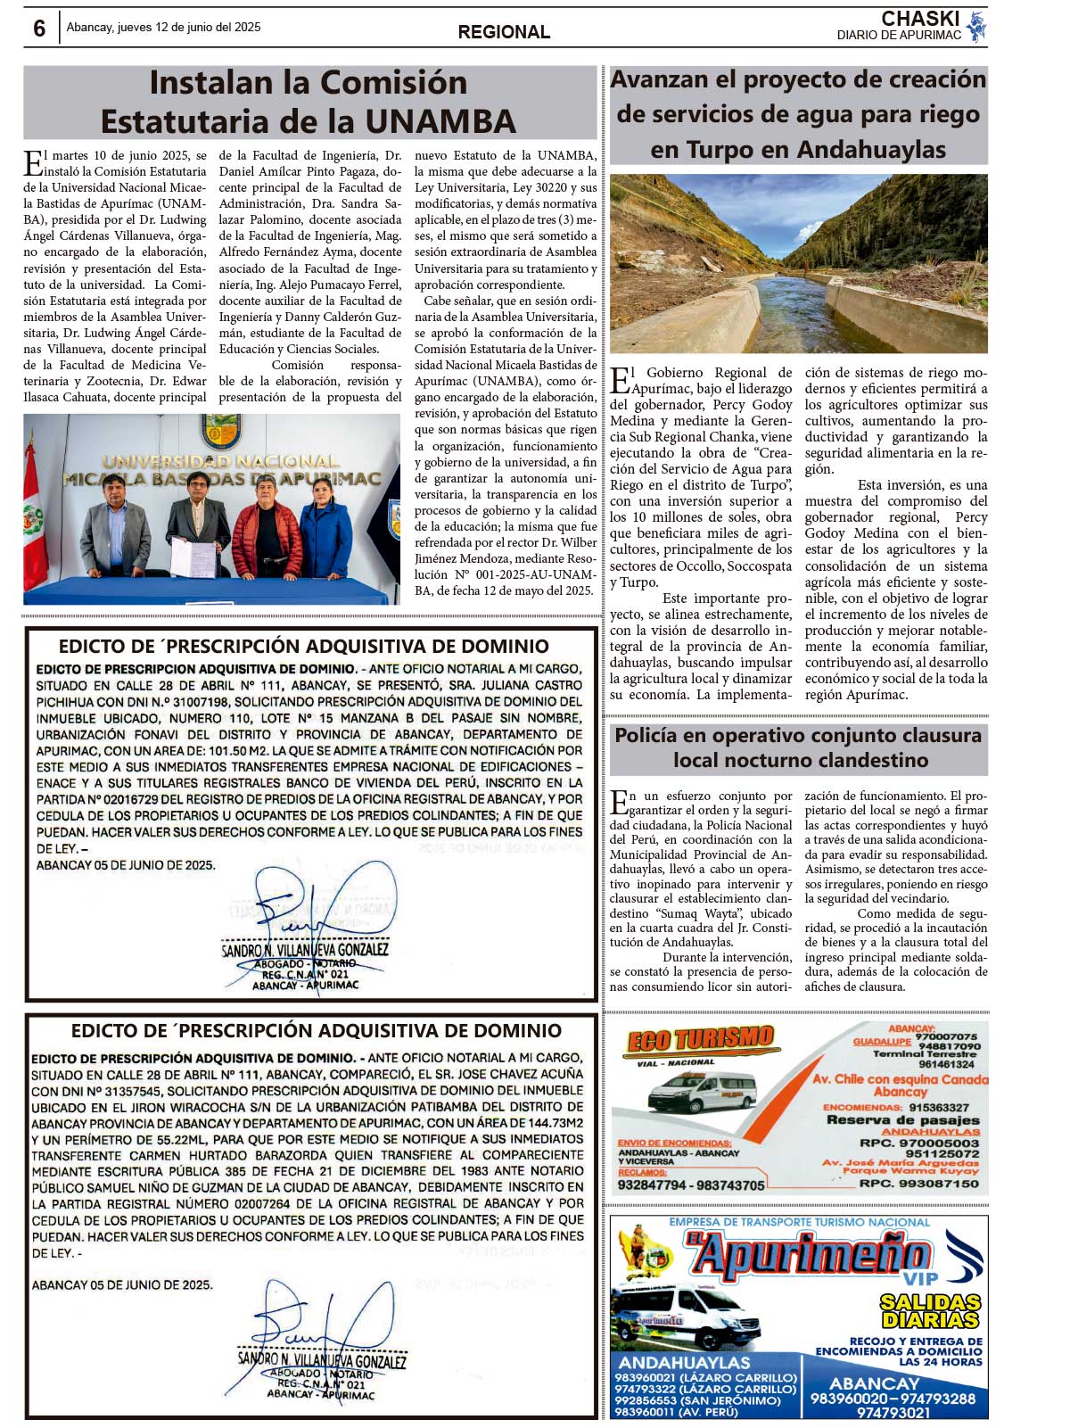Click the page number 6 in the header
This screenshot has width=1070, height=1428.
39,29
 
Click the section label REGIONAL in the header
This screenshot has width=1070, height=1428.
504,32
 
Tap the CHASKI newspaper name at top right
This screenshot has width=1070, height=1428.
920,19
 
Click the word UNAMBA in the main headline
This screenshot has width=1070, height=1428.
443,121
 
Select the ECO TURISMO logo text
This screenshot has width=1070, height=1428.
700,1040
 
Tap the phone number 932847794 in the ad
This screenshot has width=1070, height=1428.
653,1185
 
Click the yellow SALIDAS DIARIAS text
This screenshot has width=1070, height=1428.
930,1311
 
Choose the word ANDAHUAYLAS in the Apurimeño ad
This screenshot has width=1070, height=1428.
684,1363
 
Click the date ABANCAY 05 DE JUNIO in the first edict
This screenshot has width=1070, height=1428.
125,865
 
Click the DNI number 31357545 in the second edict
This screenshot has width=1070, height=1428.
124,1091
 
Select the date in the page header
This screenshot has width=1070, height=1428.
163,28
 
